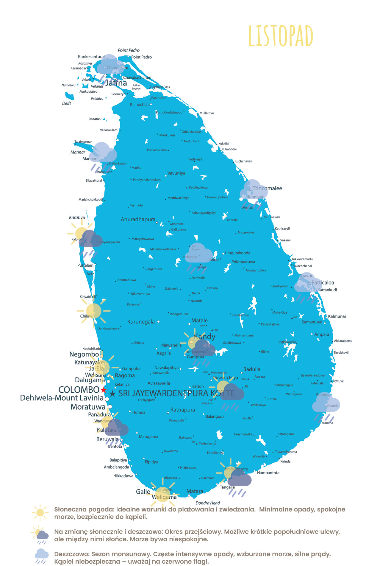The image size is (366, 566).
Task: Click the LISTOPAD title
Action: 281,36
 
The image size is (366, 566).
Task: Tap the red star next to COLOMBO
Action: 104,390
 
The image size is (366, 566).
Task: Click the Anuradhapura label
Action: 138,220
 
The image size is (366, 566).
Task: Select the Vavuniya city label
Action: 176,173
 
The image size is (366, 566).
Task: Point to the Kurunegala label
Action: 141,322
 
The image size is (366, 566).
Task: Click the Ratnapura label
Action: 182,410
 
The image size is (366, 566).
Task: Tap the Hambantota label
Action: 268,473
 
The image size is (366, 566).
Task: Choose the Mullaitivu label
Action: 207,113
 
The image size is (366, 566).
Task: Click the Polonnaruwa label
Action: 243,262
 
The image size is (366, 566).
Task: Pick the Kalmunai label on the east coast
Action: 337,316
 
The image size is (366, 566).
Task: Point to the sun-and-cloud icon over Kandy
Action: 201,346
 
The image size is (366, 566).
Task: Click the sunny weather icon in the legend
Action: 40,513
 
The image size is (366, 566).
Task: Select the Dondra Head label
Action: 207,503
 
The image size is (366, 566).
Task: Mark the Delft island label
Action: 67,103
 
